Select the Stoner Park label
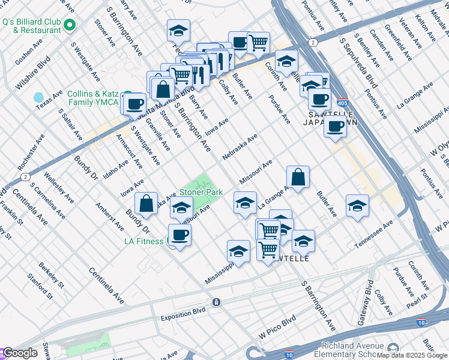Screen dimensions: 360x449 (x=201, y=193)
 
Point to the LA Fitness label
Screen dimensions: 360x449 (x=143, y=241)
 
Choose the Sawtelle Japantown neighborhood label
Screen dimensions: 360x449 (x=332, y=118)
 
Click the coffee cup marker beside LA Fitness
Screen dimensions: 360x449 (x=179, y=235)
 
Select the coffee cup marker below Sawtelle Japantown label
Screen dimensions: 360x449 (x=335, y=127)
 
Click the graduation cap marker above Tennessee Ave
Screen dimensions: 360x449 (x=357, y=206)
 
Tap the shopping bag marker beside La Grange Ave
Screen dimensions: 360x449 (x=298, y=176)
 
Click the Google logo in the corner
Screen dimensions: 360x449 (x=20, y=353)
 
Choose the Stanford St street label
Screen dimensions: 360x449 (x=41, y=286)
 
